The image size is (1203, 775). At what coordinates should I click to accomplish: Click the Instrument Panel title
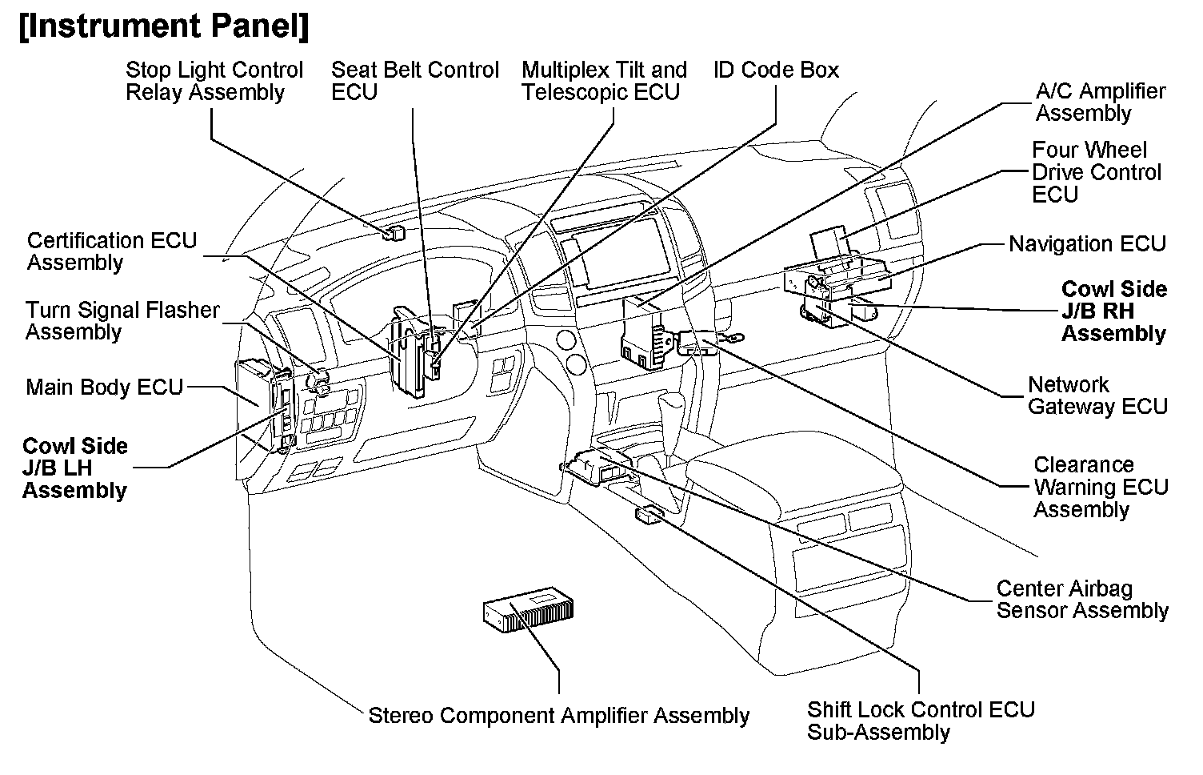(x=163, y=26)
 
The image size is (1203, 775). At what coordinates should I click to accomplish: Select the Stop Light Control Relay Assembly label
(x=214, y=81)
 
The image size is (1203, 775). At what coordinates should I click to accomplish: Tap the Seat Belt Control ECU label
(x=414, y=81)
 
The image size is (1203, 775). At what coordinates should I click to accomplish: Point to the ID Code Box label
(x=776, y=70)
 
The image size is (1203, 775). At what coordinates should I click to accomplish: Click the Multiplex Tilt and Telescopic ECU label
(x=604, y=81)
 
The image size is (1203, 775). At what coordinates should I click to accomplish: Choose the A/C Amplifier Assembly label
(x=1100, y=102)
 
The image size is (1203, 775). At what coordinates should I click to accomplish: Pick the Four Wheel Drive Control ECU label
(x=1095, y=172)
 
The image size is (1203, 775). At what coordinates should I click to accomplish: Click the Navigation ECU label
(x=1087, y=243)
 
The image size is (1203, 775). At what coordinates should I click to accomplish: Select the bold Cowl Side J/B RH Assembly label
(x=1113, y=311)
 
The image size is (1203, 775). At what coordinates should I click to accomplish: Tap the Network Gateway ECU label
(x=1097, y=396)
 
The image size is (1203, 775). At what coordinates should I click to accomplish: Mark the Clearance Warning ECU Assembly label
(x=1100, y=487)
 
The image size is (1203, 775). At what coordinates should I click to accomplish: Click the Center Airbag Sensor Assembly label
(x=1081, y=600)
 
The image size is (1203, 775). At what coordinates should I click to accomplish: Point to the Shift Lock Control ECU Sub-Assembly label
(x=920, y=721)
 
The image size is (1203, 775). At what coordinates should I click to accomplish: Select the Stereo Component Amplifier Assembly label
(x=558, y=715)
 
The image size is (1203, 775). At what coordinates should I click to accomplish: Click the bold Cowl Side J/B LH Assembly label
(x=75, y=468)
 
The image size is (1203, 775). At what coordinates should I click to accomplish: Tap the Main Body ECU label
(x=105, y=387)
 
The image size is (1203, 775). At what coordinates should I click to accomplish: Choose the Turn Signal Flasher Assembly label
(x=122, y=320)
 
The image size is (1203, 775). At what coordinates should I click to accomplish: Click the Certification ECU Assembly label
(x=111, y=251)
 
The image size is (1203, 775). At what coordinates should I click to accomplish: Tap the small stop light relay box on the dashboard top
(x=394, y=234)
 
